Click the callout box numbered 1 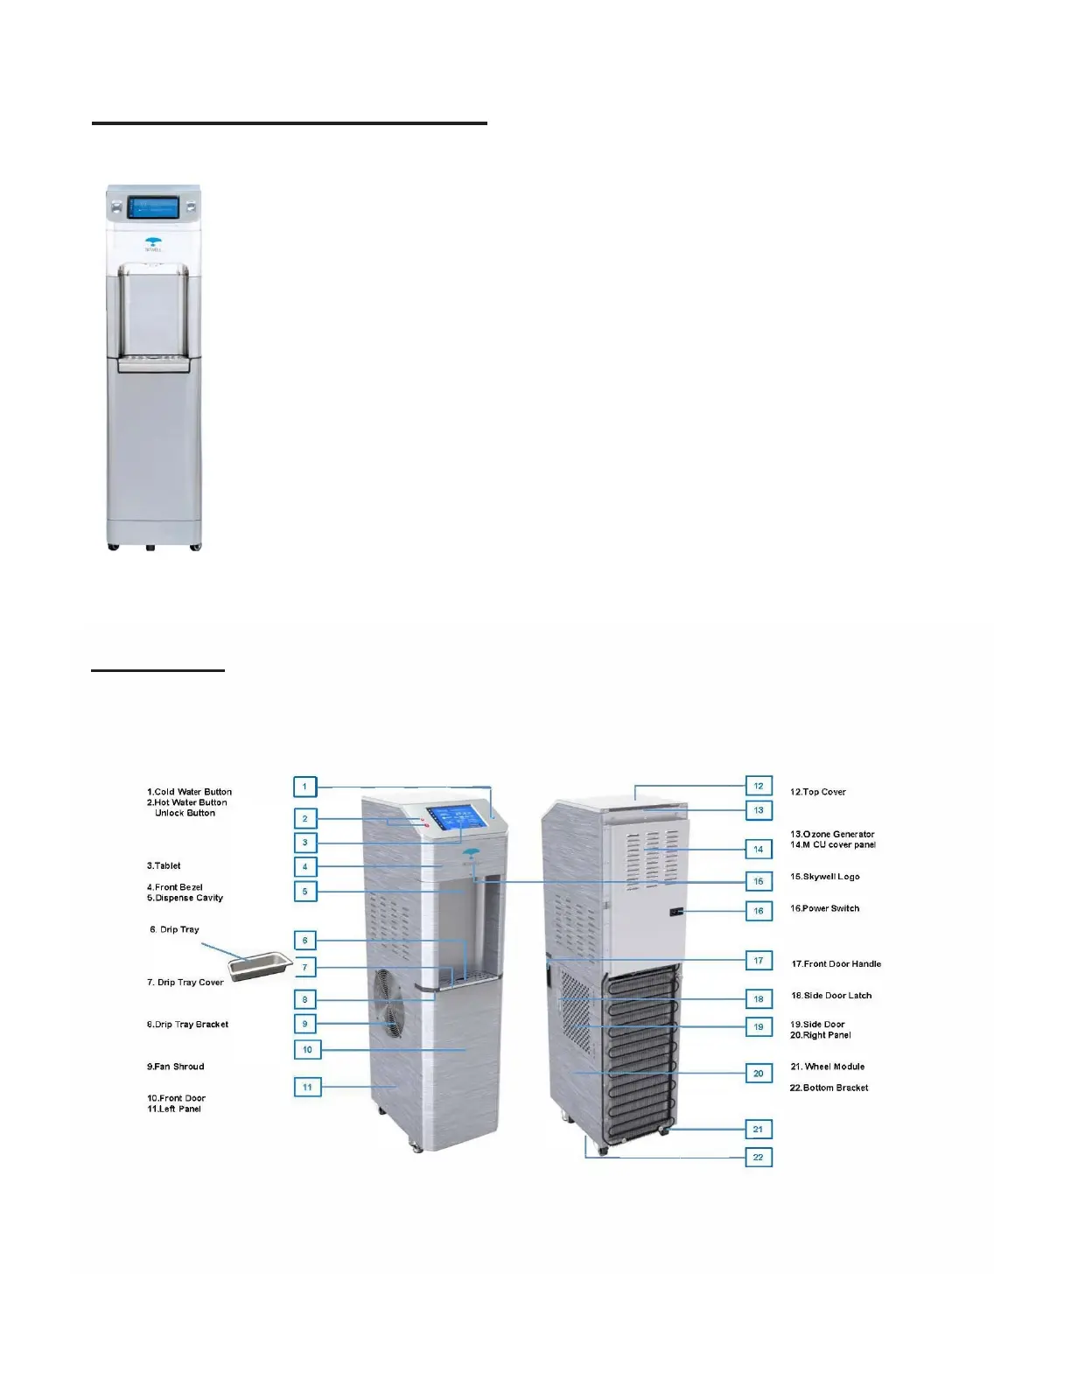coord(304,787)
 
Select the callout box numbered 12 coord(759,786)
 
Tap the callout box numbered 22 coord(759,1158)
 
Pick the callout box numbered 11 coord(307,1088)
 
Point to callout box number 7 coord(305,968)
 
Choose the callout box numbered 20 coord(759,1074)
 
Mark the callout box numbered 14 coord(759,850)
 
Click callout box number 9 coord(305,1024)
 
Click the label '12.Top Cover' coord(818,792)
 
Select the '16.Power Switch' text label coord(825,908)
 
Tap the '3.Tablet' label coord(164,865)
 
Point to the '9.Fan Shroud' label coord(176,1067)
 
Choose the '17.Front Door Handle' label coord(836,963)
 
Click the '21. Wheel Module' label coord(828,1067)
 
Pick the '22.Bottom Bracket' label coord(829,1088)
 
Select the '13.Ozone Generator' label coord(832,834)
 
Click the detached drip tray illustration coord(260,965)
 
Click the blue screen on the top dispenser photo coord(154,208)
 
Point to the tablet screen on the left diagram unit coord(456,819)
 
